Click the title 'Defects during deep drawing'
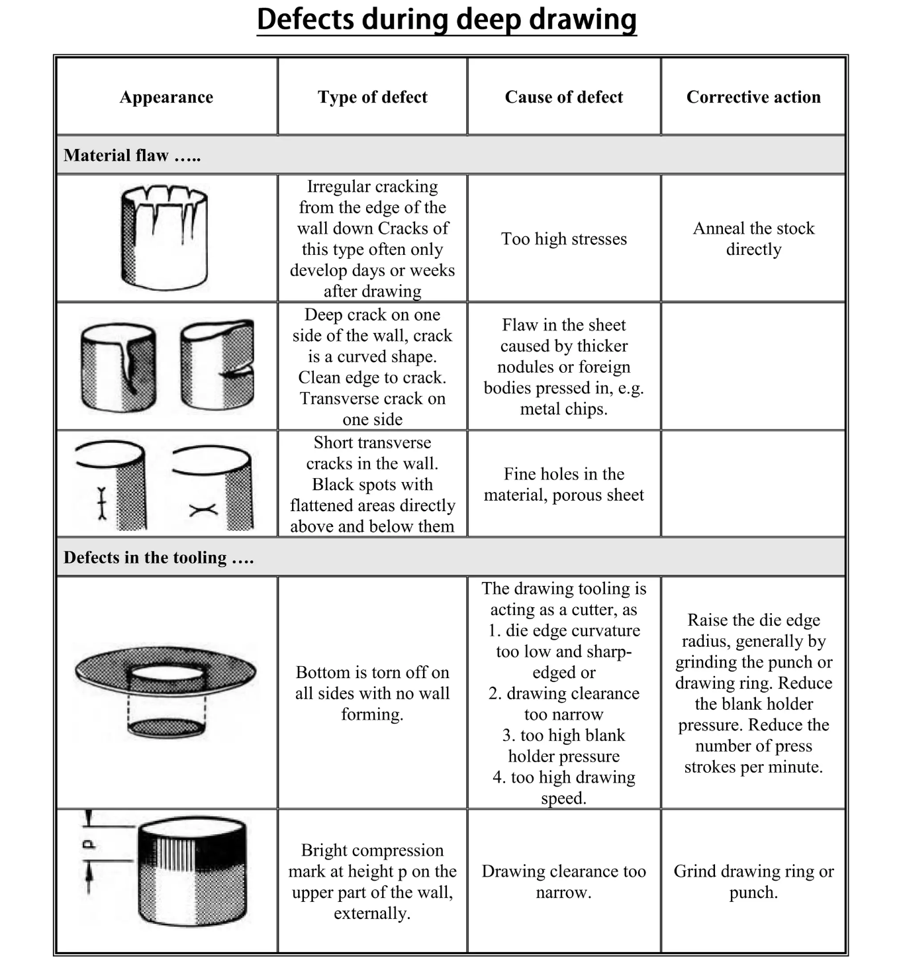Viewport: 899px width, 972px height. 447,20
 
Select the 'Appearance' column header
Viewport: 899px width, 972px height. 166,97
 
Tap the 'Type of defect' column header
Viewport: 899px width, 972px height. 372,97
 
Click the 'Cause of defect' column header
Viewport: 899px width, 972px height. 563,97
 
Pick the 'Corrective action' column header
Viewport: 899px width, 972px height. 753,97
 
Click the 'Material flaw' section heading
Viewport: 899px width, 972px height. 132,156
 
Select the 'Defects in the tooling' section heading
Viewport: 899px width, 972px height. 158,558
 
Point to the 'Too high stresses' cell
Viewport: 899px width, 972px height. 563,239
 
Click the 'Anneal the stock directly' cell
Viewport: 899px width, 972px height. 753,239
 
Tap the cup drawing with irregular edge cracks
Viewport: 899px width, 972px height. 164,238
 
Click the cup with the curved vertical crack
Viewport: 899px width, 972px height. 119,367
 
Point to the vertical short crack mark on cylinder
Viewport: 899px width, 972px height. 101,503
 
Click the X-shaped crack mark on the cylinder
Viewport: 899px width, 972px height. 203,510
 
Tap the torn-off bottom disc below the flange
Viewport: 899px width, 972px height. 166,728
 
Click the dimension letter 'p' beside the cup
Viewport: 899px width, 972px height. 89,845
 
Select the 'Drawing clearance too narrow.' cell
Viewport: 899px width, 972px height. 563,881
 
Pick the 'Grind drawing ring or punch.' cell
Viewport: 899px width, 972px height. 753,881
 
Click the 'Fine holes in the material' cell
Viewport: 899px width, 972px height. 563,485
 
